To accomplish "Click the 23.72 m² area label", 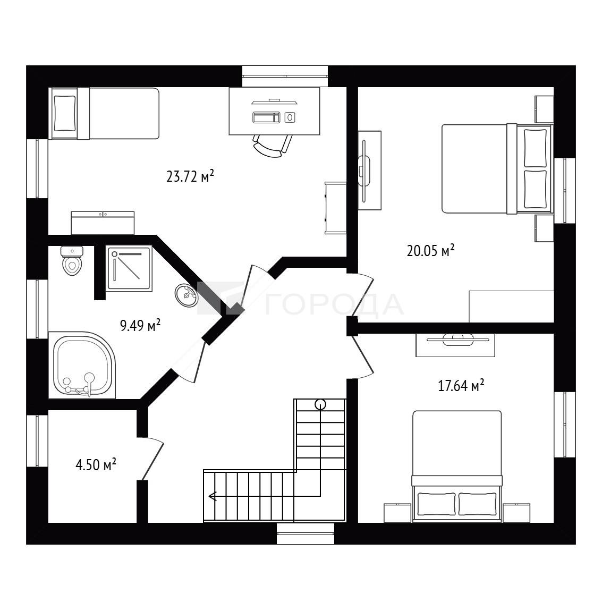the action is pyautogui.click(x=190, y=176).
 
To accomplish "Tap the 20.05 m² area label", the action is pyautogui.click(x=430, y=251).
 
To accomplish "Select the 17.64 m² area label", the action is pyautogui.click(x=461, y=385).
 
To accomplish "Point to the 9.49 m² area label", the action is pyautogui.click(x=140, y=326).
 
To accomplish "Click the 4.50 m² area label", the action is pyautogui.click(x=96, y=465).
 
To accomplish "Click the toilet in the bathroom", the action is pyautogui.click(x=72, y=261).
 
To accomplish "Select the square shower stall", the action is pyautogui.click(x=130, y=268).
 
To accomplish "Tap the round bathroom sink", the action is pyautogui.click(x=186, y=295).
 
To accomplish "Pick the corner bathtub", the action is pyautogui.click(x=82, y=365).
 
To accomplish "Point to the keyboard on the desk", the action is pyautogui.click(x=266, y=117).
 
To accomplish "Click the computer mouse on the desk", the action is pyautogui.click(x=290, y=117).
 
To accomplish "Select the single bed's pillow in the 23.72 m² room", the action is pyautogui.click(x=65, y=114).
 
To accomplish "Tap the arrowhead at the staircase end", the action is pyautogui.click(x=213, y=496).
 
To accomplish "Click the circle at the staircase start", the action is pyautogui.click(x=320, y=404).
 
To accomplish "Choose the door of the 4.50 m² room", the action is pyautogui.click(x=151, y=459).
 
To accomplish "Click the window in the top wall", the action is pyautogui.click(x=285, y=76).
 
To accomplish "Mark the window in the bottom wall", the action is pyautogui.click(x=306, y=533).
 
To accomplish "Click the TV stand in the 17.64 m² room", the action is pyautogui.click(x=455, y=345).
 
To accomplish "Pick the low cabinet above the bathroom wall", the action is pyautogui.click(x=103, y=223).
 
